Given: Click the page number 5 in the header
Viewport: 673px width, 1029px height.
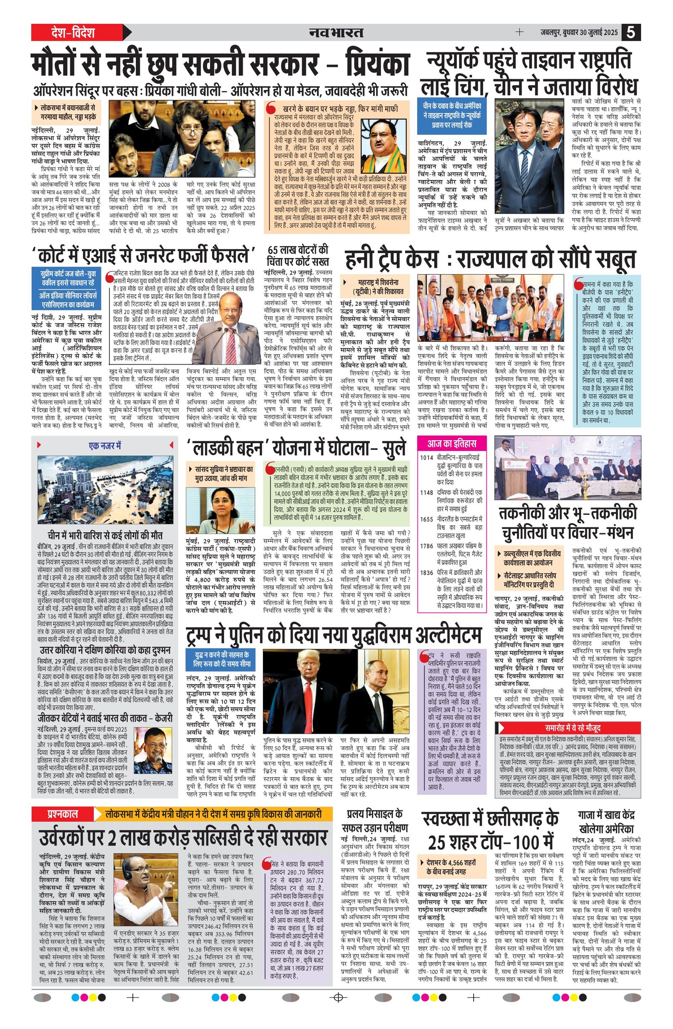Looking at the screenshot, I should pyautogui.click(x=631, y=32).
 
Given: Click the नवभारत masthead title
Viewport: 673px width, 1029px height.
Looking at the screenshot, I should pyautogui.click(x=336, y=32).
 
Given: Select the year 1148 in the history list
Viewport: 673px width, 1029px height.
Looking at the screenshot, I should pyautogui.click(x=427, y=492).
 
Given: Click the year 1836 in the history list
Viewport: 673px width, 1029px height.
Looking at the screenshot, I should pyautogui.click(x=427, y=572).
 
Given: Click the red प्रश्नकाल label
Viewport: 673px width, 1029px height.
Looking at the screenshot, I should pyautogui.click(x=63, y=814).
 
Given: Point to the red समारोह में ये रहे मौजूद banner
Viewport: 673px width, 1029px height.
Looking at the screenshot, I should pyautogui.click(x=567, y=728).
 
